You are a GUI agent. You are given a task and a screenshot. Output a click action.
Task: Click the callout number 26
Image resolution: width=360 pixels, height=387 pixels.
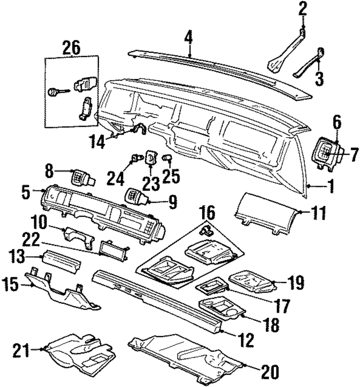click(71, 48)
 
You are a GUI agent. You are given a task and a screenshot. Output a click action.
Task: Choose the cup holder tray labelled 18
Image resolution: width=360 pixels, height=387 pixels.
click(220, 308)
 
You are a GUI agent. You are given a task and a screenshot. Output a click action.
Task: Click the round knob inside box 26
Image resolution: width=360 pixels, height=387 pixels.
click(54, 92)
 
